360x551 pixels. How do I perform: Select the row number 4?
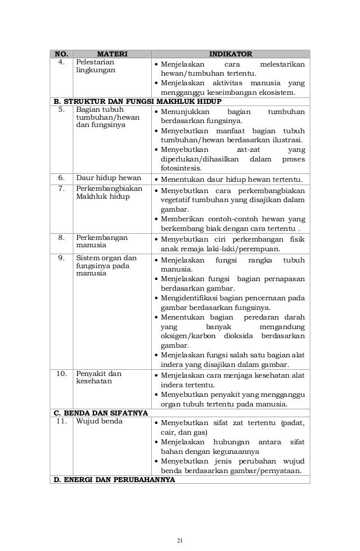60,63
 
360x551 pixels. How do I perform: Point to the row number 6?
60,180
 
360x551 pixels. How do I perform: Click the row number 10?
60,374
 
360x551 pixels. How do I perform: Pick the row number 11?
60,422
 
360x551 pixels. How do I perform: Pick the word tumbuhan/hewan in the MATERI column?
107,117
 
